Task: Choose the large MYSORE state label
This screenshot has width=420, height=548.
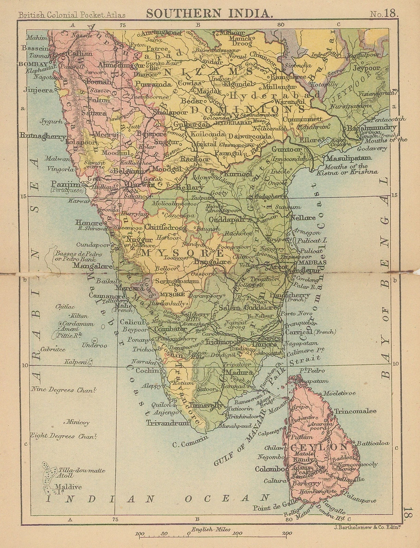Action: (x=182, y=253)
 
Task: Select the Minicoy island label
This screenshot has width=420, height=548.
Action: (x=78, y=422)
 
